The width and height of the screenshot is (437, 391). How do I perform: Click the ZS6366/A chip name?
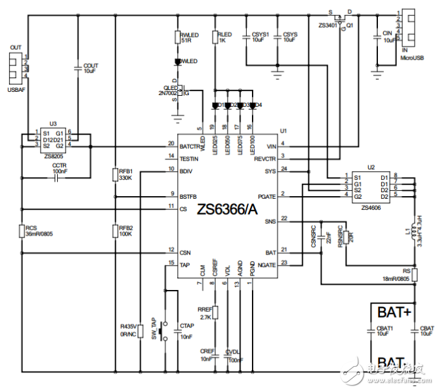tap(230, 211)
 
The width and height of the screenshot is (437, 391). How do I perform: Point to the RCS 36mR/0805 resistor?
tap(22, 230)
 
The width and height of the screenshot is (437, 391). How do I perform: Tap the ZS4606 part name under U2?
tap(370, 207)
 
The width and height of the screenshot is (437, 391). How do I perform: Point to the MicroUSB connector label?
tap(411, 58)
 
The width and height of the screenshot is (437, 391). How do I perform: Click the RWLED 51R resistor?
tap(177, 37)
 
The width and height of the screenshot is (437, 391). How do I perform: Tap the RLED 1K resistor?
tap(215, 37)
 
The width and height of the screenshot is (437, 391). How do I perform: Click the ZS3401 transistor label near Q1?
tap(326, 25)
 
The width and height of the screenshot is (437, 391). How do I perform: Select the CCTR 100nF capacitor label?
tap(60, 169)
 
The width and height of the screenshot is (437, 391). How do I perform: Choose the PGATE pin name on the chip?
tap(266, 195)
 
